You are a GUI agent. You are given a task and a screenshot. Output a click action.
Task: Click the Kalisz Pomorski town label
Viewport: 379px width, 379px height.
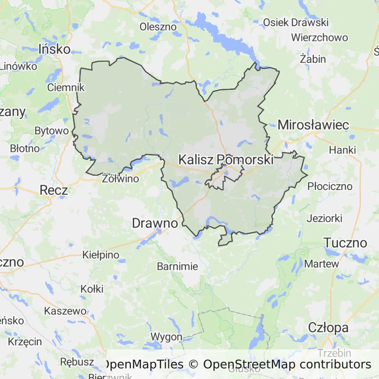pyautogui.click(x=226, y=160)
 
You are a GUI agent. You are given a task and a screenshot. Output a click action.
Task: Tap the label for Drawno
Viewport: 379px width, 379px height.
pyautogui.click(x=154, y=224)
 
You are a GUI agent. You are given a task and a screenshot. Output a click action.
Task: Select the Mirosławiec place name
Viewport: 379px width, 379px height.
pyautogui.click(x=313, y=125)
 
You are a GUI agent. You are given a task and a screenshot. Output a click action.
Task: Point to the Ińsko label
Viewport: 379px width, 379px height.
pyautogui.click(x=54, y=49)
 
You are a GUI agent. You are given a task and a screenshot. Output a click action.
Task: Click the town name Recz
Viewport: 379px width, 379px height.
pyautogui.click(x=54, y=190)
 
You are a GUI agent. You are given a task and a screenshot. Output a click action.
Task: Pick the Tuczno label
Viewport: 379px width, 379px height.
pyautogui.click(x=345, y=243)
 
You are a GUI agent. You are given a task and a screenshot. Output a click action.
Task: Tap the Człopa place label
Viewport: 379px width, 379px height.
pyautogui.click(x=328, y=327)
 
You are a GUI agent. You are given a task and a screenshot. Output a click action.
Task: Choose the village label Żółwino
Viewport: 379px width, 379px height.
pyautogui.click(x=120, y=179)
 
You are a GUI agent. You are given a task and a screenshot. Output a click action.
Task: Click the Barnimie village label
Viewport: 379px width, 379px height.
pyautogui.click(x=177, y=266)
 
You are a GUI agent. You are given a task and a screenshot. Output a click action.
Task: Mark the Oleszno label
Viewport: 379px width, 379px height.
pyautogui.click(x=158, y=27)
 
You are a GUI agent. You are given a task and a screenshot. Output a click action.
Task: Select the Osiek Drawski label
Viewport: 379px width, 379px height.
pyautogui.click(x=296, y=22)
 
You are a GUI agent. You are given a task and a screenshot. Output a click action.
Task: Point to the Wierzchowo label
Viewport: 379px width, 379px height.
pyautogui.click(x=319, y=38)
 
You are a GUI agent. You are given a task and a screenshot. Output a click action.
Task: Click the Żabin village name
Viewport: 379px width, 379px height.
pyautogui.click(x=313, y=59)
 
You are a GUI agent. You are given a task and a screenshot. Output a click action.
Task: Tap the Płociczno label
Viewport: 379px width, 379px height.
pyautogui.click(x=330, y=187)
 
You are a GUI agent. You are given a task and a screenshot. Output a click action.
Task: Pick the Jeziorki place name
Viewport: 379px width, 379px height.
pyautogui.click(x=325, y=218)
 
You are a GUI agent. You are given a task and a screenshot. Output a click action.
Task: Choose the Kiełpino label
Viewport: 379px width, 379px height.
pyautogui.click(x=101, y=255)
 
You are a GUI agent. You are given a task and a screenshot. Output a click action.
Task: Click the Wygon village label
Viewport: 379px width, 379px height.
pyautogui.click(x=166, y=337)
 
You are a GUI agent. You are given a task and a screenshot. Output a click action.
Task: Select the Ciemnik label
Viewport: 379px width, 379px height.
pyautogui.click(x=66, y=87)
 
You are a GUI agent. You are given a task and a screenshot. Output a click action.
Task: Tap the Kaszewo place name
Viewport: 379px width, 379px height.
pyautogui.click(x=65, y=311)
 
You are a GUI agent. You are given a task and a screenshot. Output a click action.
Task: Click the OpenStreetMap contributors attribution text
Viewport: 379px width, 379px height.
pyautogui.click(x=287, y=365)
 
